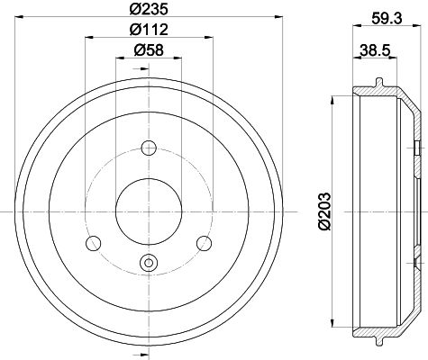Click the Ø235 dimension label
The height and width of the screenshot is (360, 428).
pyautogui.click(x=149, y=9)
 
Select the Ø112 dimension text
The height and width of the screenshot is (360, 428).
pyautogui.click(x=149, y=29)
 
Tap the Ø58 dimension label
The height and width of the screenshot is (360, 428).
pyautogui.click(x=149, y=49)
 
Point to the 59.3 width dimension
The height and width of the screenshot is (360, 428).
pyautogui.click(x=387, y=19)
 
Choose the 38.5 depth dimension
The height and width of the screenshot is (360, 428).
pyautogui.click(x=375, y=49)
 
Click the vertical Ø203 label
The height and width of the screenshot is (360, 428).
pyautogui.click(x=324, y=211)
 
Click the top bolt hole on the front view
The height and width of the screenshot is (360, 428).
pyautogui.click(x=149, y=148)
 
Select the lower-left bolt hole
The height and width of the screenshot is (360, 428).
pyautogui.click(x=94, y=243)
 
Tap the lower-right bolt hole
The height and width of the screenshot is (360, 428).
pyautogui.click(x=204, y=243)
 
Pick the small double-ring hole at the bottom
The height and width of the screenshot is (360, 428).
pyautogui.click(x=149, y=263)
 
